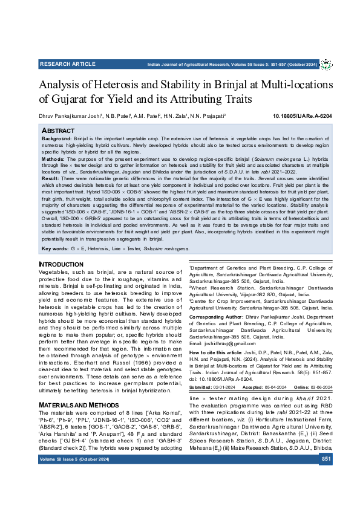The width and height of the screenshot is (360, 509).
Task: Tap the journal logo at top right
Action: coord(326,63)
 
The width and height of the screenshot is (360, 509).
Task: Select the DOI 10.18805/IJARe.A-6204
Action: coord(303,115)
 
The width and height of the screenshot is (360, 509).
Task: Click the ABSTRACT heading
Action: coord(57,130)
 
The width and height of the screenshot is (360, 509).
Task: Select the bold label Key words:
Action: coord(56,248)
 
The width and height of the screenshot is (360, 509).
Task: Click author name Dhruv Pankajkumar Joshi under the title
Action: coord(70,115)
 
